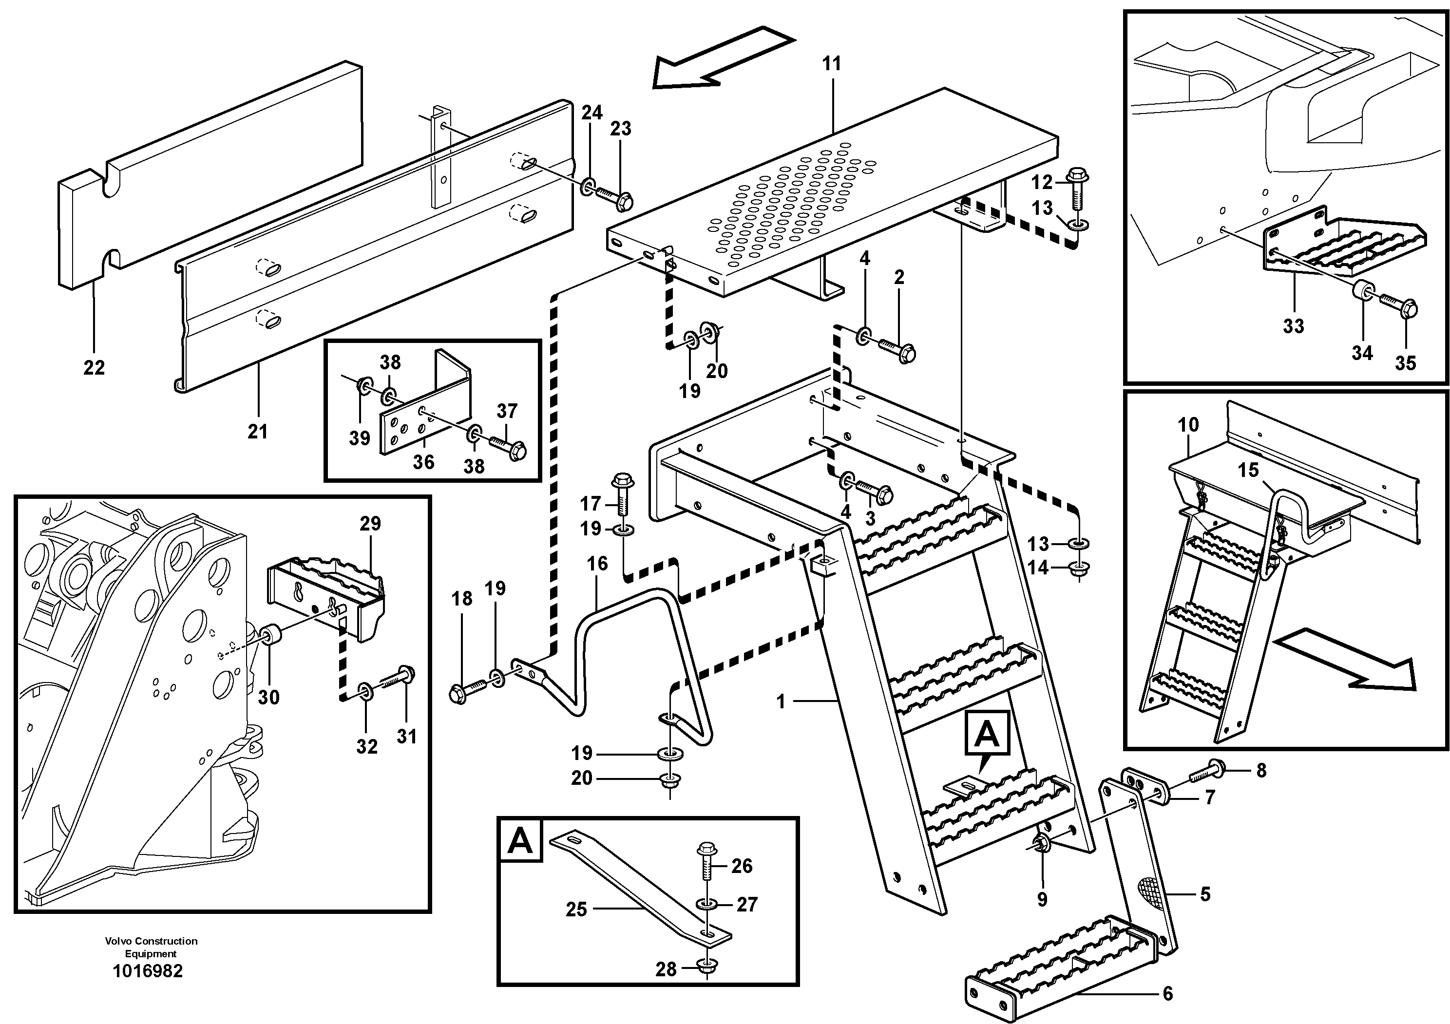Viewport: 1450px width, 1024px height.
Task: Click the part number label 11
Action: [832, 64]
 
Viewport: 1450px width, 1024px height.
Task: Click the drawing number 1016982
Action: [147, 971]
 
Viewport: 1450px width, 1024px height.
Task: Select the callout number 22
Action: [94, 367]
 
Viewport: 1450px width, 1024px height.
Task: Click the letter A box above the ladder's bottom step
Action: [987, 734]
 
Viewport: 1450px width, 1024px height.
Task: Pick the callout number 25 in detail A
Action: [576, 909]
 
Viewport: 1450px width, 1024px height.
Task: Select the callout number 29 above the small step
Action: [370, 523]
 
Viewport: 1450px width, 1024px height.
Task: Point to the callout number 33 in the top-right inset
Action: [1294, 326]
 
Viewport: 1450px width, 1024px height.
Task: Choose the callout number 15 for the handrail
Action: [1248, 470]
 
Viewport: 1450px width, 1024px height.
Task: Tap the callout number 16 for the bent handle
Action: [597, 564]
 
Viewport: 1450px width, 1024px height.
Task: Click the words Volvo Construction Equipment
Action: [151, 947]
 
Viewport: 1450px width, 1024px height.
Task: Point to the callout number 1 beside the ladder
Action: [781, 702]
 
